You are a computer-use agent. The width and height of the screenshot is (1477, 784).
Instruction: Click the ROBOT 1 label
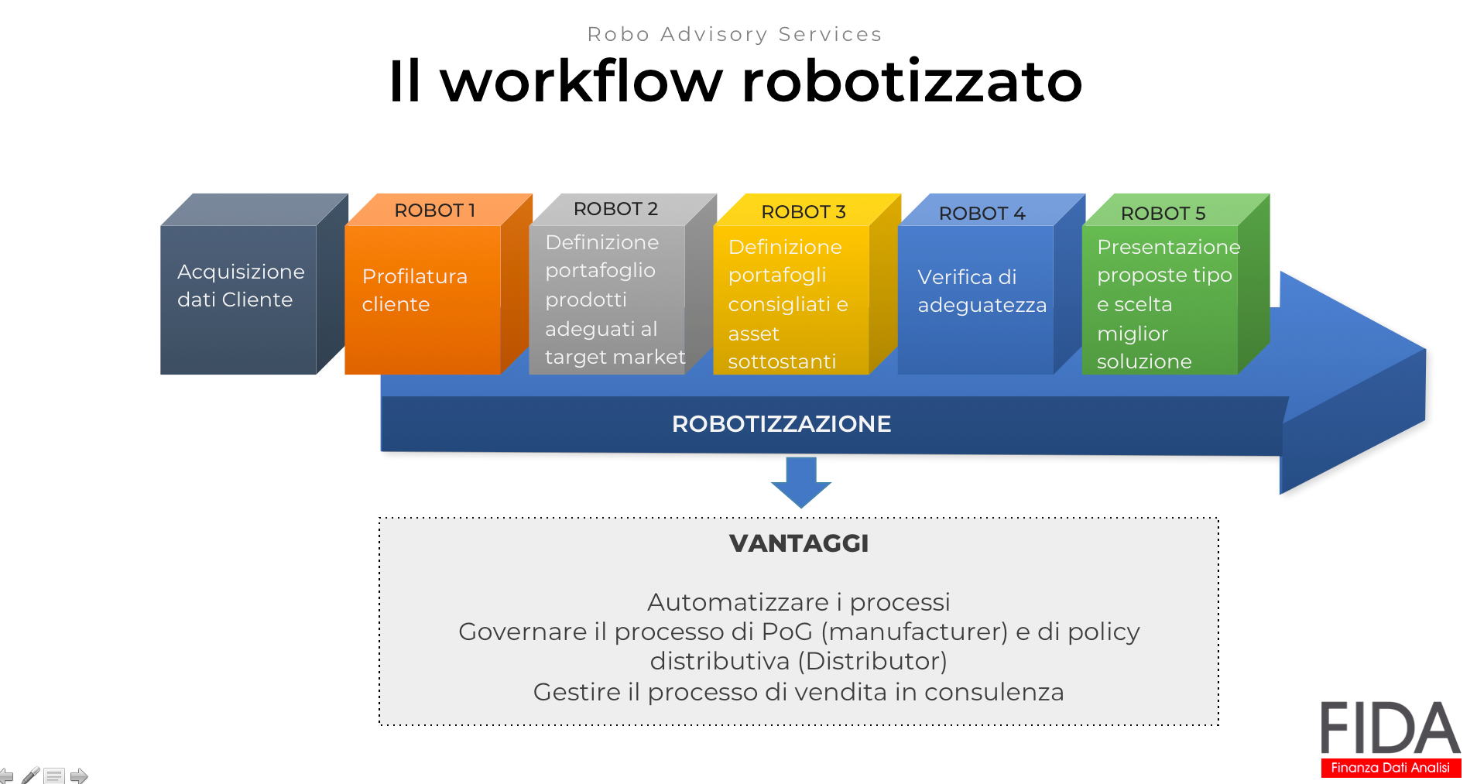pos(434,210)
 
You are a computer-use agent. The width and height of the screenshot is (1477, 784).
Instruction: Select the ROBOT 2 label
pos(615,208)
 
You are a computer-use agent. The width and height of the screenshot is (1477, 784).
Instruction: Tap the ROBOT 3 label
pos(803,211)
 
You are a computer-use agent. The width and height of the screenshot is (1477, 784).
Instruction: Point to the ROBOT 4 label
pos(982,213)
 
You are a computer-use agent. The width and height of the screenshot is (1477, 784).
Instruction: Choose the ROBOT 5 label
pos(1163,213)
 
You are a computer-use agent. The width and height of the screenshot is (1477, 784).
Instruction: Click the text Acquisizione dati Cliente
pos(241,285)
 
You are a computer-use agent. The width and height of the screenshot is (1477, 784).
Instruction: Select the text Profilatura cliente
pos(414,289)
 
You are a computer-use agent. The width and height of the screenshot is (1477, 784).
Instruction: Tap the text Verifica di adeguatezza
pos(982,290)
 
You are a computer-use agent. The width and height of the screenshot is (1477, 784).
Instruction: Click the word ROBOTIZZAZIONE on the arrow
pos(781,423)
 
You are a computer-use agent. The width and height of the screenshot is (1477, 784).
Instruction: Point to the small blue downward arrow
pos(801,481)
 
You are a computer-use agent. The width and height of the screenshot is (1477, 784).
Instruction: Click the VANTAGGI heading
pos(799,543)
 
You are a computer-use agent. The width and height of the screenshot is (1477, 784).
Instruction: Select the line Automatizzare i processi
pos(798,601)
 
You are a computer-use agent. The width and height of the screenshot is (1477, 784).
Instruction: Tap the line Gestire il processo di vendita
pos(798,691)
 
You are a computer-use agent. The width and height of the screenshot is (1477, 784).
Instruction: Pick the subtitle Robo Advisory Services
pos(735,34)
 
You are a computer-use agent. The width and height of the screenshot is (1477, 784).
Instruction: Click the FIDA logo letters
pos(1390,728)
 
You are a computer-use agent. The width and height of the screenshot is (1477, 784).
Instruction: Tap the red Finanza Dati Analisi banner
pos(1390,767)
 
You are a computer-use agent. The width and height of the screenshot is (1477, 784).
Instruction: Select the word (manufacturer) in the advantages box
pos(914,632)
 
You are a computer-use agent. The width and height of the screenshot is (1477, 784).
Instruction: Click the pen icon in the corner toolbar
pos(31,775)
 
